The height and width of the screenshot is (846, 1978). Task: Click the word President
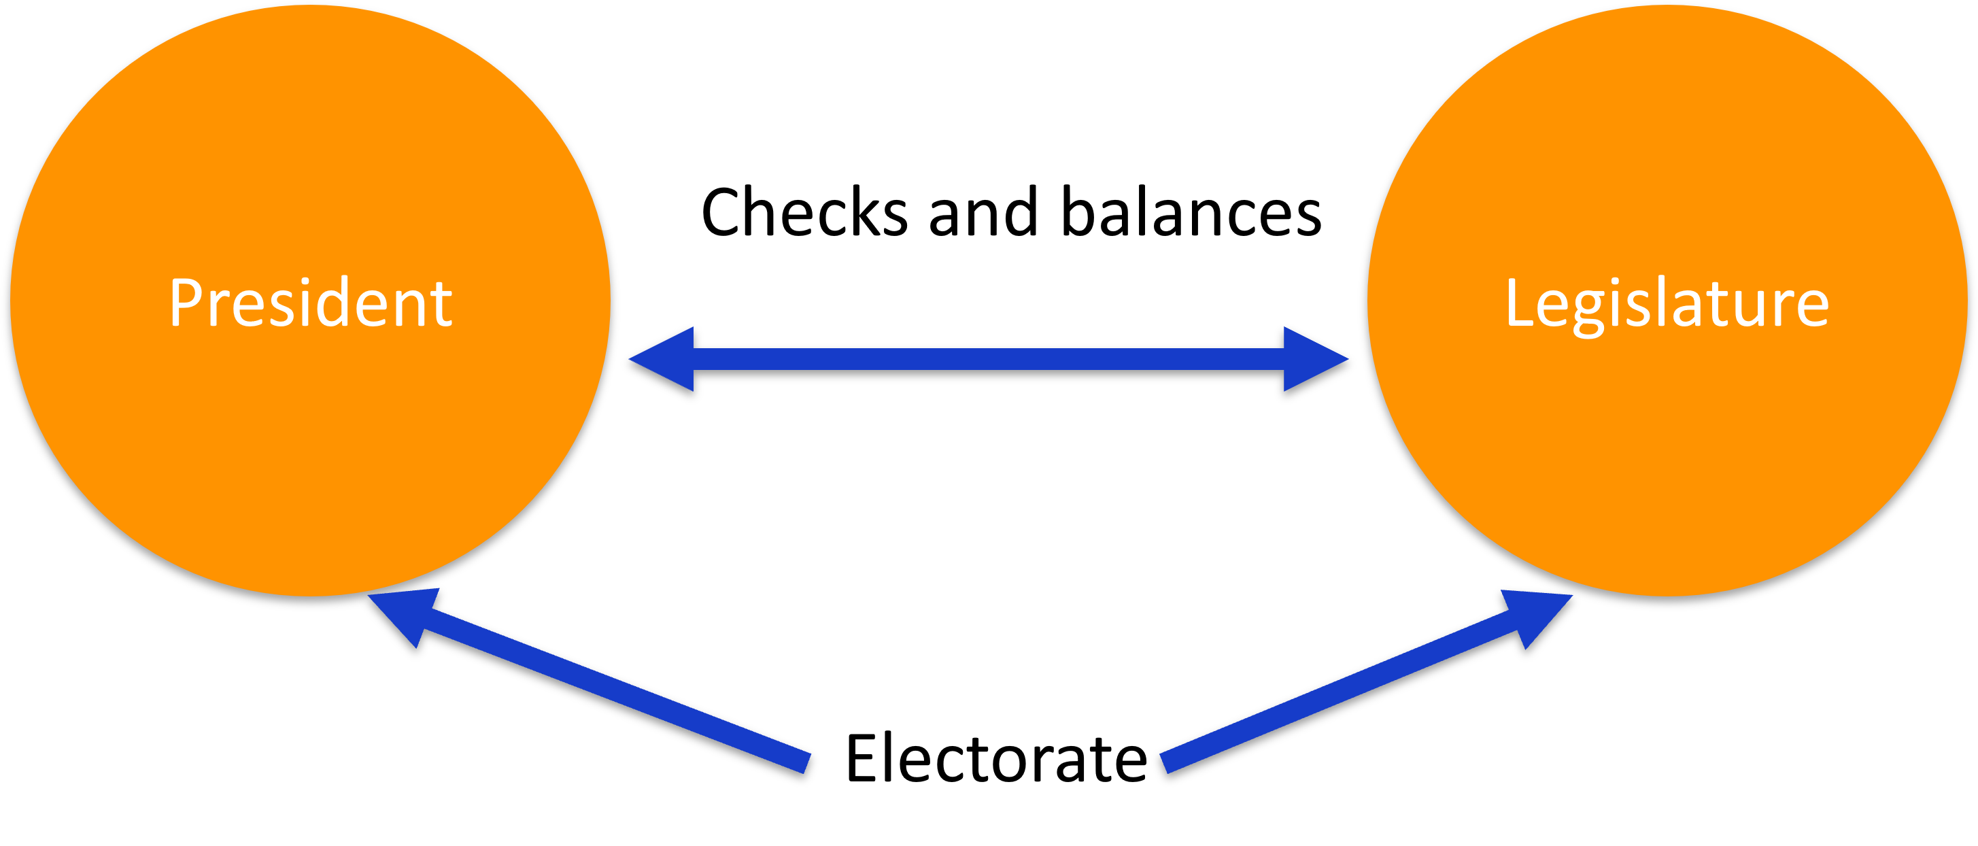point(309,303)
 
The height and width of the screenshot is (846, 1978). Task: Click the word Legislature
point(1667,303)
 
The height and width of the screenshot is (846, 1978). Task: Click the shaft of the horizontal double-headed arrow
point(988,358)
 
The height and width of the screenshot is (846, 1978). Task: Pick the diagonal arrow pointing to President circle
point(614,687)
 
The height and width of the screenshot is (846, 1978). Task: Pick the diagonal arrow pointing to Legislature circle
point(1344,687)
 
